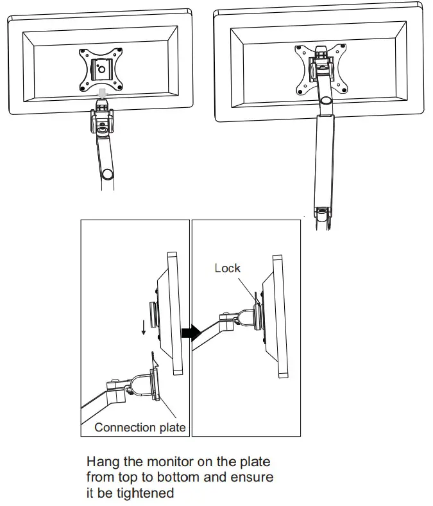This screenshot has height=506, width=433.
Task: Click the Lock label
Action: (x=227, y=268)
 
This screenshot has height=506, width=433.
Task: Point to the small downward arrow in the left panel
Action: (x=143, y=328)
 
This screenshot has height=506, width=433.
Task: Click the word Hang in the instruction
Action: (x=101, y=462)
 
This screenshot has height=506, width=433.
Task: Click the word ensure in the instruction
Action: (x=254, y=478)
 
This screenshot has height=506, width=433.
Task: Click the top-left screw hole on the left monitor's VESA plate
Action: (x=81, y=52)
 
